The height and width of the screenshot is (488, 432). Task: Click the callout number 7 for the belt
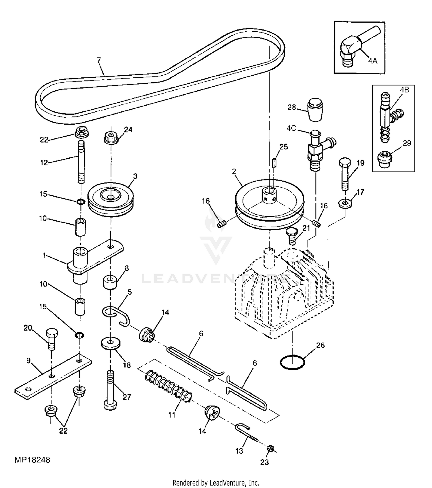pos(99,60)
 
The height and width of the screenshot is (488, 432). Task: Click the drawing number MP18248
pos(32,460)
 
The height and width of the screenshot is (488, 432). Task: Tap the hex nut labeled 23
pos(270,448)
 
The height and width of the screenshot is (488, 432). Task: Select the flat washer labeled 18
pos(111,343)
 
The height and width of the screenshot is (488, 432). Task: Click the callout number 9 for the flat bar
pos(29,361)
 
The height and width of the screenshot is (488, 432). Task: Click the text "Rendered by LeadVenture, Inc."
pos(216,482)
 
